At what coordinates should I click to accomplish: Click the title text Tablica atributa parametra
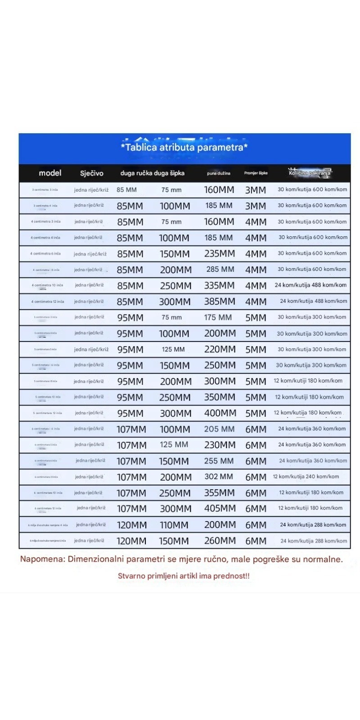(x=184, y=147)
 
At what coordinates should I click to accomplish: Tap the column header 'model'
(x=50, y=173)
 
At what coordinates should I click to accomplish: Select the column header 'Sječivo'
(x=92, y=173)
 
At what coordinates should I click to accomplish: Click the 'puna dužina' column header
(x=219, y=173)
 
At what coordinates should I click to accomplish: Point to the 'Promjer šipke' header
(x=256, y=173)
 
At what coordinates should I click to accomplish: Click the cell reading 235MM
(x=220, y=253)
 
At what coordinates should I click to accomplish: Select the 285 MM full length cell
(x=220, y=270)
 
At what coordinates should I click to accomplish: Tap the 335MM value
(x=220, y=285)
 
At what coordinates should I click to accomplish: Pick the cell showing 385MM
(x=220, y=301)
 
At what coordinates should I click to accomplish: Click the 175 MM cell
(x=218, y=317)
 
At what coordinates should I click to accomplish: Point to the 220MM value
(x=220, y=349)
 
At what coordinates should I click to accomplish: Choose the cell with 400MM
(x=220, y=413)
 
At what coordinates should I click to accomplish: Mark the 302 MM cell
(x=219, y=477)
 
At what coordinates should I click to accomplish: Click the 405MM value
(x=220, y=508)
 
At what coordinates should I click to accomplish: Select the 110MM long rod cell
(x=174, y=525)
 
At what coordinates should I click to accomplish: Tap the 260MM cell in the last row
(x=220, y=540)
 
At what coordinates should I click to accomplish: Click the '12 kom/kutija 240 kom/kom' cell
(x=306, y=477)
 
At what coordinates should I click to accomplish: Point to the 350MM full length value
(x=220, y=397)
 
